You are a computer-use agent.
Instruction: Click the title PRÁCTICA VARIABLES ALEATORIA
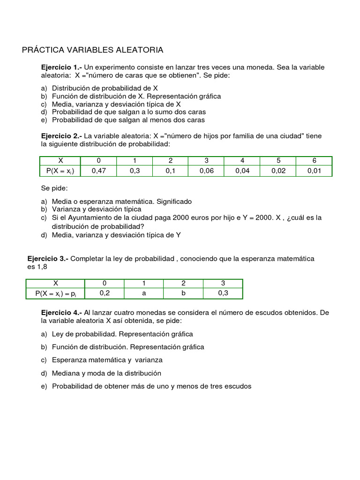tap(92, 50)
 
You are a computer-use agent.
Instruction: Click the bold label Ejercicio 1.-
tap(61, 67)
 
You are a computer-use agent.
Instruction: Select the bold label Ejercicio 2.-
tap(61, 136)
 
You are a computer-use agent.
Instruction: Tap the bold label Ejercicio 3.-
tap(48, 259)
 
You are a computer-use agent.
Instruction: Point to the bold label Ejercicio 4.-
tap(61, 313)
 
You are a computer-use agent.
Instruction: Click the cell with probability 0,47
tap(98, 171)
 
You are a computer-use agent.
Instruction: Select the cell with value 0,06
tap(206, 171)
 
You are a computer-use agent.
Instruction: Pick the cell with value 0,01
tap(314, 171)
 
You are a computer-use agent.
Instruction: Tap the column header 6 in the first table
tap(314, 161)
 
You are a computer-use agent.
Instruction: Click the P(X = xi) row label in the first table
tap(60, 171)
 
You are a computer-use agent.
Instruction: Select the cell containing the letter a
tap(144, 293)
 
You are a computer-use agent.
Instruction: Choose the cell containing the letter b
tap(183, 293)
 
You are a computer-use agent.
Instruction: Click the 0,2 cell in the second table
tap(104, 293)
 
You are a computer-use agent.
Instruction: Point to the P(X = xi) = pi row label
tap(55, 293)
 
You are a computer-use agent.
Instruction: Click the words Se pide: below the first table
tap(54, 188)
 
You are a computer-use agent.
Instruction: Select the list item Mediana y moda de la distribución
tap(106, 374)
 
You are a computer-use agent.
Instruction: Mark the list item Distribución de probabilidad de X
tap(105, 88)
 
